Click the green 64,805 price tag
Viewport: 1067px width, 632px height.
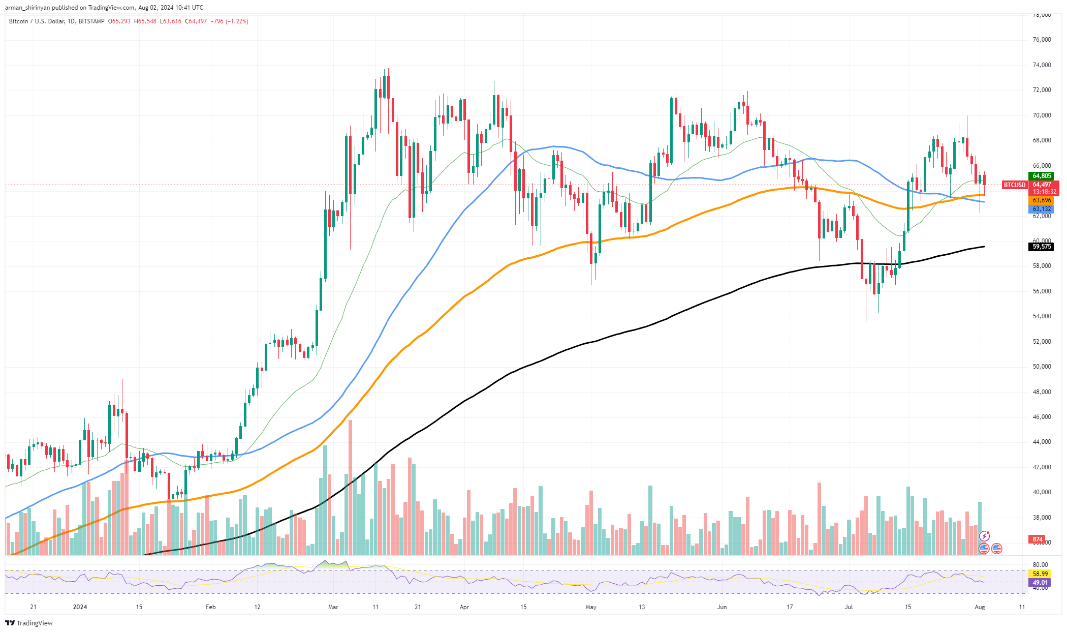(x=1042, y=176)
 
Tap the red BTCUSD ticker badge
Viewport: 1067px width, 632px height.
(x=1015, y=185)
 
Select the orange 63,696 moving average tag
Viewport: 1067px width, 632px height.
(x=1042, y=201)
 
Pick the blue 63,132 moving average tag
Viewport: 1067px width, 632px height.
(x=1042, y=209)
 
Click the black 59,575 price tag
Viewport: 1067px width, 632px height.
(x=1042, y=247)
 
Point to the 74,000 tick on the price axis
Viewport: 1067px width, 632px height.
(x=1042, y=65)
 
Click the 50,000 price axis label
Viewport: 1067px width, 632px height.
(x=1042, y=367)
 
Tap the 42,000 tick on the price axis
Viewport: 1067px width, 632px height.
(x=1042, y=467)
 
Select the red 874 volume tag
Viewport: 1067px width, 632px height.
(x=1038, y=539)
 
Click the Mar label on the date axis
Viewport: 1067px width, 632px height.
(x=333, y=607)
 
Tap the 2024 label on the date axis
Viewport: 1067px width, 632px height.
(x=80, y=607)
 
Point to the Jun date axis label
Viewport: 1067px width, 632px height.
(x=722, y=607)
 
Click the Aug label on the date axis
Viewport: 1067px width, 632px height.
(x=980, y=607)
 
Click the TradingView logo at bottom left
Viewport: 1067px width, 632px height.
(x=29, y=623)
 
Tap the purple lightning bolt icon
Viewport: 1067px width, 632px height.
(x=985, y=536)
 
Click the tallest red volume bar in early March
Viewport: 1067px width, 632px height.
(x=350, y=487)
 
